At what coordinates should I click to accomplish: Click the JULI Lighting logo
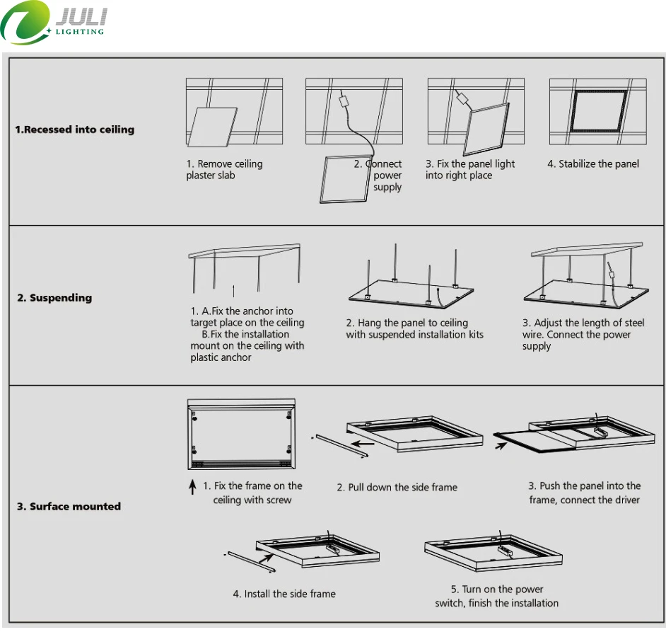pyautogui.click(x=54, y=23)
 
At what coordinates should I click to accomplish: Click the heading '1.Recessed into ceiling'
pyautogui.click(x=75, y=130)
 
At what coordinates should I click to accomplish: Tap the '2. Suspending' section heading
pyautogui.click(x=54, y=298)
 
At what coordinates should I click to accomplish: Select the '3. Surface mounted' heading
pyautogui.click(x=69, y=506)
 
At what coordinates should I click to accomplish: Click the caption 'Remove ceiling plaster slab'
pyautogui.click(x=224, y=169)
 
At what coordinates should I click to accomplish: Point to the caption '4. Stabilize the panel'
pyautogui.click(x=592, y=163)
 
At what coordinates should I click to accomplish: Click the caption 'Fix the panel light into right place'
pyautogui.click(x=469, y=169)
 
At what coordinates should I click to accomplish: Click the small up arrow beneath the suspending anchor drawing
pyautogui.click(x=233, y=290)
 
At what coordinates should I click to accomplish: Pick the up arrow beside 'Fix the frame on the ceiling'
pyautogui.click(x=192, y=487)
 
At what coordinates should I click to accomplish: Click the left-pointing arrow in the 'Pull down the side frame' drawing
pyautogui.click(x=364, y=445)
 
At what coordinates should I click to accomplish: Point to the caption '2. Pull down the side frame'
pyautogui.click(x=397, y=487)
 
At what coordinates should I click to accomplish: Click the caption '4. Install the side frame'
pyautogui.click(x=284, y=594)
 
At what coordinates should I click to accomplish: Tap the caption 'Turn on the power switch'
pyautogui.click(x=496, y=596)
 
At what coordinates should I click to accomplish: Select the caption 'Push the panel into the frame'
pyautogui.click(x=584, y=493)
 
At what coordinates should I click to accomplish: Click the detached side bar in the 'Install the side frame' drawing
pyautogui.click(x=251, y=563)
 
